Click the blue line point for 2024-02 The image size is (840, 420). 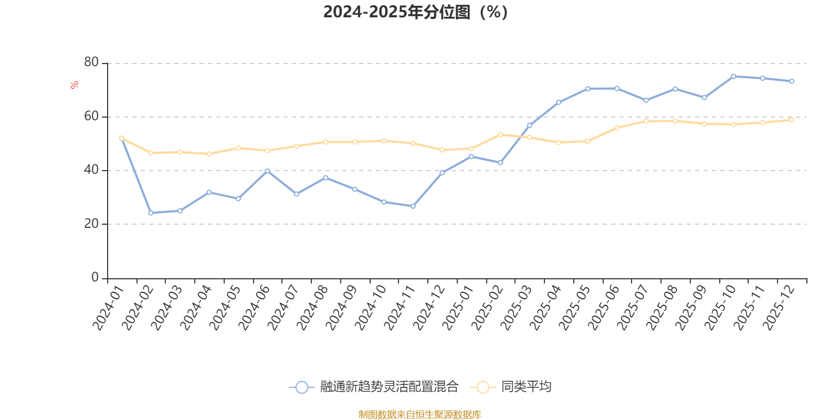[x=151, y=213]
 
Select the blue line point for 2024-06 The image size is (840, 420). [x=267, y=171]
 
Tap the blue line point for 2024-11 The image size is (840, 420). [x=413, y=206]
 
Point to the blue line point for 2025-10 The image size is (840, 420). [x=733, y=76]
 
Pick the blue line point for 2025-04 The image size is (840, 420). [x=559, y=102]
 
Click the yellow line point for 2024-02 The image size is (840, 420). [x=151, y=153]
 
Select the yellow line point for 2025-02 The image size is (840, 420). [x=500, y=135]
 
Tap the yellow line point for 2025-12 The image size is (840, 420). [x=792, y=120]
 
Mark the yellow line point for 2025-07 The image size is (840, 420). [x=646, y=121]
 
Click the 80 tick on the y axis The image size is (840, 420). [x=91, y=62]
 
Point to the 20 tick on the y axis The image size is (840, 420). [x=91, y=224]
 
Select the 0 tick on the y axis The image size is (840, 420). [x=95, y=277]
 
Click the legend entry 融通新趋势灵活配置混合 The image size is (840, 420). [x=389, y=387]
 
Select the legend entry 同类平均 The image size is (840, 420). [x=526, y=387]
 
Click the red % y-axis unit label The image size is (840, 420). [x=75, y=85]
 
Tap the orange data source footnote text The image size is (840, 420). [x=419, y=415]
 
